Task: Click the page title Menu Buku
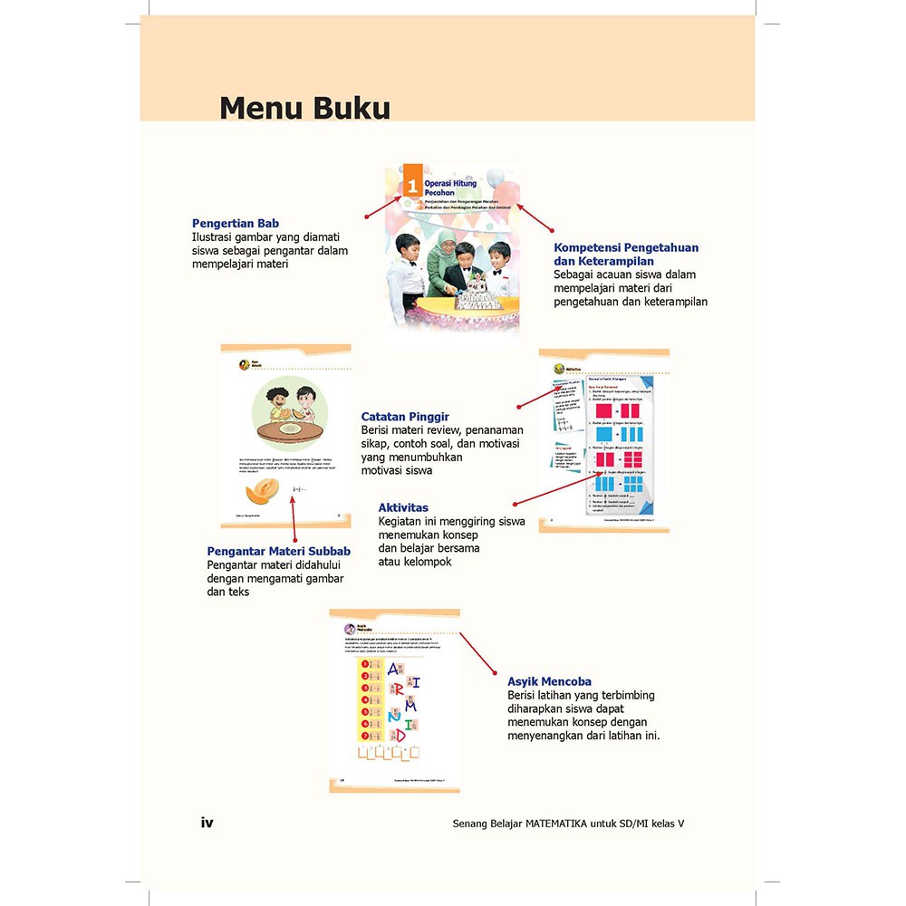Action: pyautogui.click(x=304, y=108)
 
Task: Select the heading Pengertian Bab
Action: pyautogui.click(x=236, y=223)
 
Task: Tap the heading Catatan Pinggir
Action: pyautogui.click(x=405, y=417)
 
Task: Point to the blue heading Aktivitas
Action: pyautogui.click(x=403, y=507)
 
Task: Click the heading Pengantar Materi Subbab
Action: pyautogui.click(x=278, y=551)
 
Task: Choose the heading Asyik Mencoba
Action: pyautogui.click(x=549, y=681)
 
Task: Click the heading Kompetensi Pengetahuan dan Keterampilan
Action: pyautogui.click(x=626, y=254)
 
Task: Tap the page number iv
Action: pyautogui.click(x=207, y=823)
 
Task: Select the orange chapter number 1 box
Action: pyautogui.click(x=412, y=186)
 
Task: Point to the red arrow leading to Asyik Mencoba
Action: pyautogui.click(x=478, y=653)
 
